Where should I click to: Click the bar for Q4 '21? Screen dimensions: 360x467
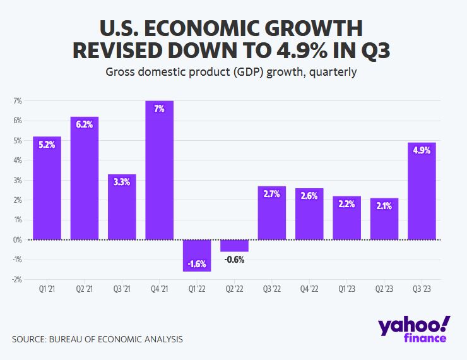[159, 171]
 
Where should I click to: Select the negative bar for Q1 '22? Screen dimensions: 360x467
[197, 255]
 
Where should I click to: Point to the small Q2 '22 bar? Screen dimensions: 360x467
[234, 246]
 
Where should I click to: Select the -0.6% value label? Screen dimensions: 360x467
[234, 260]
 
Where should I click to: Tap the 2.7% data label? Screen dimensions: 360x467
[272, 195]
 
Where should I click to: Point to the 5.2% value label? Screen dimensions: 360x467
[47, 145]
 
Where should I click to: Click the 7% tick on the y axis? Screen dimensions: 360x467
[18, 101]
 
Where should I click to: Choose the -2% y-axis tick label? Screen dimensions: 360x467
[17, 279]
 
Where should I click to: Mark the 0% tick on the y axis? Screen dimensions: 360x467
[18, 240]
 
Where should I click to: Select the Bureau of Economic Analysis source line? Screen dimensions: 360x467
[97, 339]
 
